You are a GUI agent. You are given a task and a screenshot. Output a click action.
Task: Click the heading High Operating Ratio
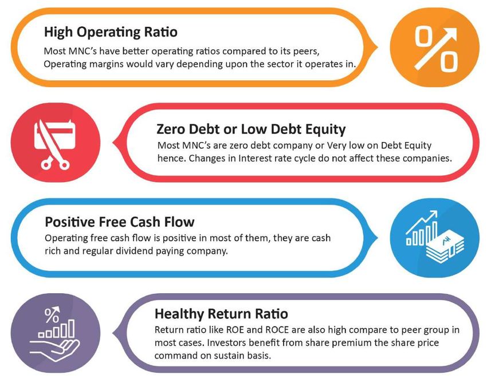111,32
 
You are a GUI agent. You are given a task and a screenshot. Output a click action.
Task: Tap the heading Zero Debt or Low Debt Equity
251,129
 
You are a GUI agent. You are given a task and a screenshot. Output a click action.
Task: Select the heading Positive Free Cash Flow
120,222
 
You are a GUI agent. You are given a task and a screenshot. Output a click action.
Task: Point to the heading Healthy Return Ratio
221,314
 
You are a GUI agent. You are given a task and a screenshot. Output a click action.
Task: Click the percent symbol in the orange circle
436,49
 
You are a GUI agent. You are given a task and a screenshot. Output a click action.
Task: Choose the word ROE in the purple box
235,330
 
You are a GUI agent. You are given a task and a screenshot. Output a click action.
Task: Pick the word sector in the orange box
273,64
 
